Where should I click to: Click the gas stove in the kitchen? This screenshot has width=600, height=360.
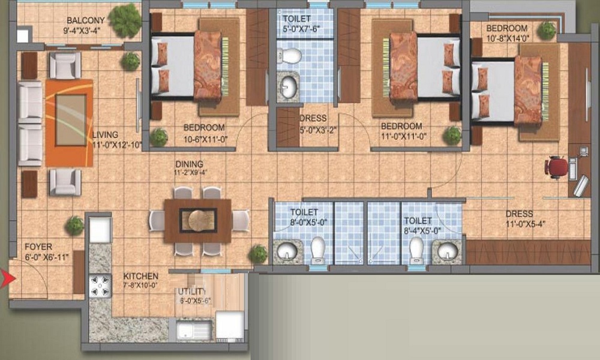click(100, 286)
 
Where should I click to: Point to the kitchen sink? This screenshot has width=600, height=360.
click(194, 330)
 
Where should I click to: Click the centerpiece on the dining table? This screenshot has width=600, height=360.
click(198, 220)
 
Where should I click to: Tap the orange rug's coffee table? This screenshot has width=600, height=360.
click(70, 120)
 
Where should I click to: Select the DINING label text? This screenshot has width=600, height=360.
click(190, 164)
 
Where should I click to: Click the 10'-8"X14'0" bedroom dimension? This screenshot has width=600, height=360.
click(508, 38)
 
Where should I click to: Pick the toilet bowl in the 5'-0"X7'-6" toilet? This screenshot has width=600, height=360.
click(289, 56)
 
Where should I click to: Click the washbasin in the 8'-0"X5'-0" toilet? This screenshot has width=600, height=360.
click(287, 251)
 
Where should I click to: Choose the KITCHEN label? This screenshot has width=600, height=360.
click(141, 276)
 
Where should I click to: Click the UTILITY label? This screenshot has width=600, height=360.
click(192, 292)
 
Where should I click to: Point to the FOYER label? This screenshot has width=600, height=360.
click(38, 247)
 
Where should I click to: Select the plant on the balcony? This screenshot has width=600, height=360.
click(125, 20)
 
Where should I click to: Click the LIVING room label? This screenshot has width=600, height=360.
click(106, 134)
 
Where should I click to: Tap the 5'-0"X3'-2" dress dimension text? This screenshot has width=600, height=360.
click(319, 130)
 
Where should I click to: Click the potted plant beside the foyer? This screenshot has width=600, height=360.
click(74, 226)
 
